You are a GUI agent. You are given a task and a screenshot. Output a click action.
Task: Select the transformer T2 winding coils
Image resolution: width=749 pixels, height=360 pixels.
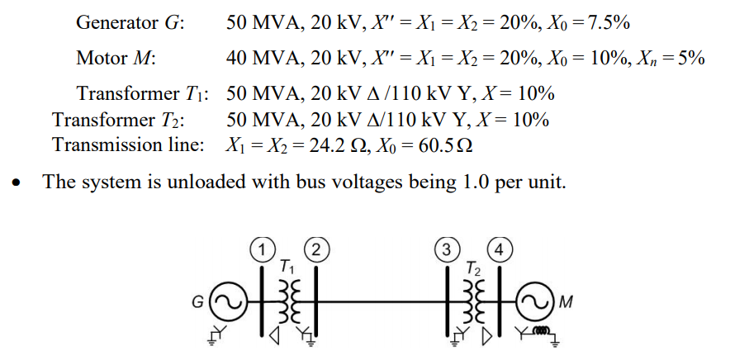tap(473, 301)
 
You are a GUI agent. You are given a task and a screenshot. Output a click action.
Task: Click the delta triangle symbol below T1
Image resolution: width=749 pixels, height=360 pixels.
tap(274, 337)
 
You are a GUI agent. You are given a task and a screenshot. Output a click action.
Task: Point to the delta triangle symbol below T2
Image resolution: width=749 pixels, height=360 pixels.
tap(486, 337)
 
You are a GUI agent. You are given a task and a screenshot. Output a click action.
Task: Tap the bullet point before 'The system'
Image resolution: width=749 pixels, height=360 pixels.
tap(17, 183)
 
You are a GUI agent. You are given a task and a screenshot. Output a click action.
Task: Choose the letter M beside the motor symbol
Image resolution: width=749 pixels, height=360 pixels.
tap(565, 303)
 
